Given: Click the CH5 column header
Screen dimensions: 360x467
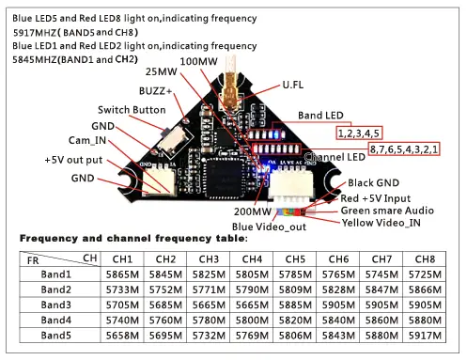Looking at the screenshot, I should click(x=294, y=258).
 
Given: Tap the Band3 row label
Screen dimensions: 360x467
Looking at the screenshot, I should click(x=55, y=305).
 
